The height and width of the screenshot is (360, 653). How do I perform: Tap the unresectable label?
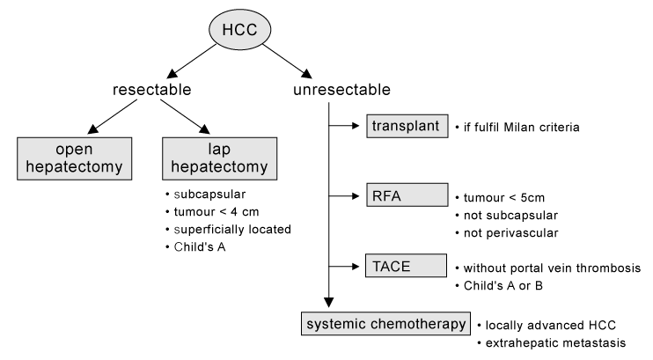pos(342,90)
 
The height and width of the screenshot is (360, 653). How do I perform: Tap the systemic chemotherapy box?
pos(385,324)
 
